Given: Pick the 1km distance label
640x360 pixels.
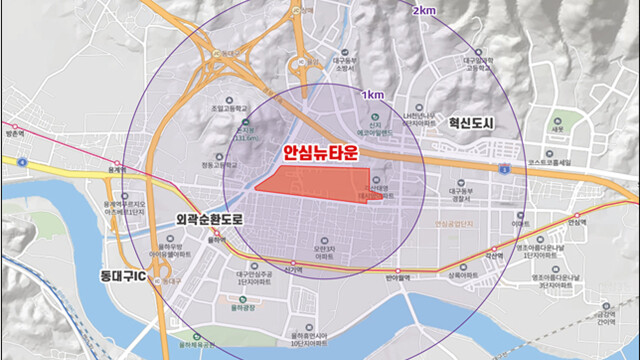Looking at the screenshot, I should click(x=374, y=95).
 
